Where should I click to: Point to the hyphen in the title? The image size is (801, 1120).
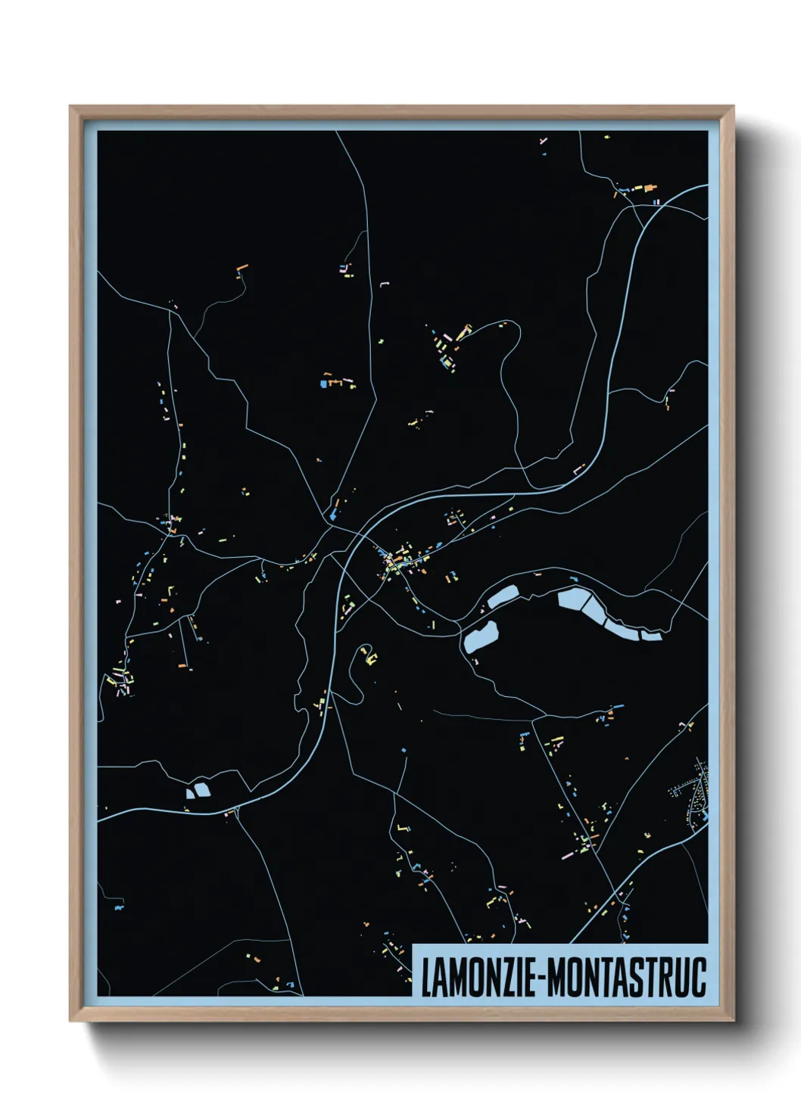(x=540, y=978)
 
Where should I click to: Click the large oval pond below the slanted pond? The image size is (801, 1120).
(x=481, y=636)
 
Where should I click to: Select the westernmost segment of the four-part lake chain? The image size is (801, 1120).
(x=572, y=601)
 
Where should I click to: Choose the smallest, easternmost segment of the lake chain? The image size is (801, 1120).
(x=651, y=634)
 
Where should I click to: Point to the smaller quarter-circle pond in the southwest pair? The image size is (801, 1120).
(x=190, y=793)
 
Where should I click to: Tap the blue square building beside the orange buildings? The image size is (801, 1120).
(x=323, y=384)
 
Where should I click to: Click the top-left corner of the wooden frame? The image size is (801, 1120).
(x=71, y=107)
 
